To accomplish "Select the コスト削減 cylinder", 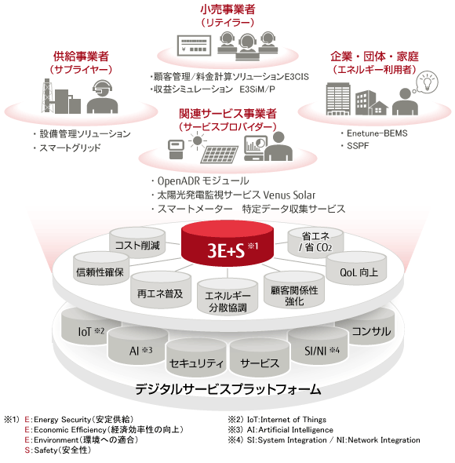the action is click(137, 242).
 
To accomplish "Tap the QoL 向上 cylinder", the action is click(356, 268).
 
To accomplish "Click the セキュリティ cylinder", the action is click(196, 358).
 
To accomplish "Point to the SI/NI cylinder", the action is click(318, 346).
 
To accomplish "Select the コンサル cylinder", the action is click(366, 327).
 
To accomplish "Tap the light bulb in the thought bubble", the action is click(426, 82).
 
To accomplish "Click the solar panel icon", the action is click(219, 155).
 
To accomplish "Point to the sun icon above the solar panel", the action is click(198, 140).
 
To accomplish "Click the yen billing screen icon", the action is click(194, 46).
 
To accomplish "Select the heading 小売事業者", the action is click(227, 9).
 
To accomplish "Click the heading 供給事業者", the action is click(81, 56).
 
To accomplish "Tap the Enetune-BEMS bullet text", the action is click(377, 133).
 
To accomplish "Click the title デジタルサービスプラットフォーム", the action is click(228, 389).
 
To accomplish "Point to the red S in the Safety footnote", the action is click(27, 450).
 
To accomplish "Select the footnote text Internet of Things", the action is click(293, 419).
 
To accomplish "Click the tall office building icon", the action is click(338, 99).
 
